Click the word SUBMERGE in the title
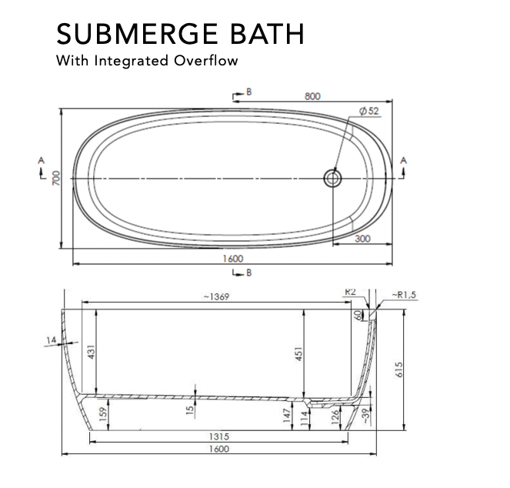(137, 34)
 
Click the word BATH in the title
(268, 34)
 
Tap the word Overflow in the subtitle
(205, 61)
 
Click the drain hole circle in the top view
(332, 178)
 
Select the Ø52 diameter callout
(369, 111)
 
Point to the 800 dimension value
(312, 96)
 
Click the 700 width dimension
(56, 178)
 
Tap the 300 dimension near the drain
(362, 239)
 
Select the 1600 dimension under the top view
(233, 259)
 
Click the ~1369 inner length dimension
(216, 296)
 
